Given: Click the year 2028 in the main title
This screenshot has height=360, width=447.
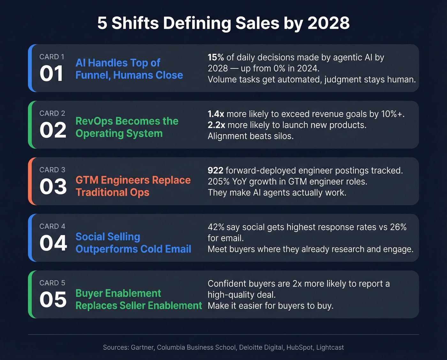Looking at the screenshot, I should click(x=329, y=23).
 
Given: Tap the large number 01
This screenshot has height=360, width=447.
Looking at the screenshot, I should click(x=52, y=73).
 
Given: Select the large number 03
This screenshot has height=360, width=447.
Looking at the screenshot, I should click(x=53, y=187).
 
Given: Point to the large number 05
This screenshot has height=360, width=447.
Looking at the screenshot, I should click(x=53, y=300).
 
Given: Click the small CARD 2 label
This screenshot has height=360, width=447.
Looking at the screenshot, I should click(x=52, y=113).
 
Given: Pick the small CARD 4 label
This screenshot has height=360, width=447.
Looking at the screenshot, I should click(x=52, y=226).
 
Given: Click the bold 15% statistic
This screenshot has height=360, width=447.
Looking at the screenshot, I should click(x=216, y=57).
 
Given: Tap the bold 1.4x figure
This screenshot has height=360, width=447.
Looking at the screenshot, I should click(x=216, y=114).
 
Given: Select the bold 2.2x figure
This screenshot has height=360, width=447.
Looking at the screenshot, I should click(x=216, y=125).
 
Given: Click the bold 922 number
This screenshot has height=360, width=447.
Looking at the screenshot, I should click(x=215, y=171).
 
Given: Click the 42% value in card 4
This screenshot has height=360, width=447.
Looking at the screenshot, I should click(x=216, y=227).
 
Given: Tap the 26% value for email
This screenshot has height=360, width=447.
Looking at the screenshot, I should click(x=398, y=227).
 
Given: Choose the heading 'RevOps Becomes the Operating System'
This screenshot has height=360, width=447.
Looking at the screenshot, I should click(x=127, y=127).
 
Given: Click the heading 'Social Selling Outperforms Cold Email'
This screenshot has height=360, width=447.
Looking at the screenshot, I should click(x=133, y=243).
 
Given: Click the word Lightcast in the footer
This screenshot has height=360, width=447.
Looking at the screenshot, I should click(x=330, y=347).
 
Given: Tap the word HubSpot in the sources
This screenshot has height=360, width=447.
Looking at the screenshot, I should click(x=299, y=347).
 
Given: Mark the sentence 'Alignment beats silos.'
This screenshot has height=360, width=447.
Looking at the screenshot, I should click(x=251, y=136).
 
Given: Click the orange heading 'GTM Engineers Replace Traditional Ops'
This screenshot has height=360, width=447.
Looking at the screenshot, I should click(x=133, y=186).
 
